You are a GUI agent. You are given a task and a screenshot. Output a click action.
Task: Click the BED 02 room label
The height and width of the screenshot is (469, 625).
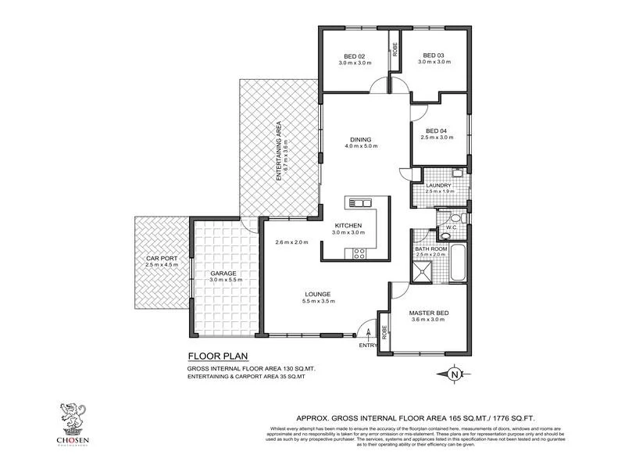tap(355, 55)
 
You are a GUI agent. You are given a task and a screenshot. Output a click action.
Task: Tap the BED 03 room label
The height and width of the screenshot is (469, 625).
tap(433, 55)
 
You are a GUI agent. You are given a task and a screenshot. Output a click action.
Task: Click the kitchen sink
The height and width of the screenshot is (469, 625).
tap(361, 203)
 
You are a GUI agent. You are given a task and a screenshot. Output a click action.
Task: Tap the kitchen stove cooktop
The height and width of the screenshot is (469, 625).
tap(360, 252)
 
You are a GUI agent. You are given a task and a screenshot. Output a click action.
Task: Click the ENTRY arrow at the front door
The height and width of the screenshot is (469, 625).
tap(367, 332)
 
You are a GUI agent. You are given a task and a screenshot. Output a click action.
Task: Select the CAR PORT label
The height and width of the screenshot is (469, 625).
tap(161, 258)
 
